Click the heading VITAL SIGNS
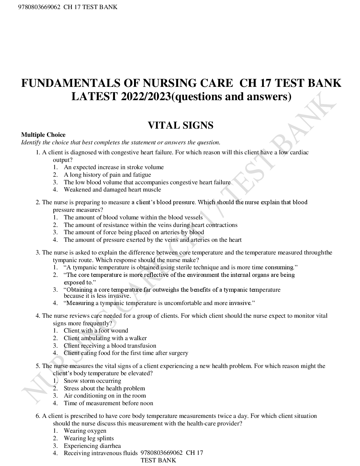180,125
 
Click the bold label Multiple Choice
43,135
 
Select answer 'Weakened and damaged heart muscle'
112,190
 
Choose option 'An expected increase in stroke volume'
113,167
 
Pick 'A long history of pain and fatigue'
107,175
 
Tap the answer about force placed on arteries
134,232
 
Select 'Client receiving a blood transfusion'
110,346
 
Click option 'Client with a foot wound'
96,331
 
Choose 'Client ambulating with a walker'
105,338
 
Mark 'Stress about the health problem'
104,389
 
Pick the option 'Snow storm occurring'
92,381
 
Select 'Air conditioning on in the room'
105,396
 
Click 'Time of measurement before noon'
108,403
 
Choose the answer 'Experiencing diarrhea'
92,446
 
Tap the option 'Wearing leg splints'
89,438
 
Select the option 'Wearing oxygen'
85,431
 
